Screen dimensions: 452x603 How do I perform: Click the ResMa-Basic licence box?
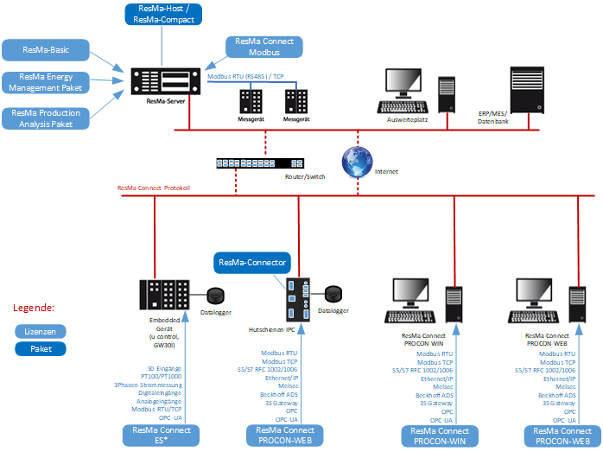click(x=46, y=49)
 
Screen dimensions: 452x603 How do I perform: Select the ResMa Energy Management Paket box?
click(x=46, y=82)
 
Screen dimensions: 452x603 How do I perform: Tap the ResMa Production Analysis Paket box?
click(x=46, y=118)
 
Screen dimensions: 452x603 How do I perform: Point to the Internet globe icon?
click(x=356, y=159)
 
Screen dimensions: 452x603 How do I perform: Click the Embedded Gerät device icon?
click(x=162, y=296)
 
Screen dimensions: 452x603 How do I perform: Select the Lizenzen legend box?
click(x=41, y=332)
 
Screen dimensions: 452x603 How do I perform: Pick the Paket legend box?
click(x=41, y=349)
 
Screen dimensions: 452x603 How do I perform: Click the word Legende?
click(x=34, y=307)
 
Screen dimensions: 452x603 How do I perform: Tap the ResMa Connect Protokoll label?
click(x=154, y=188)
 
